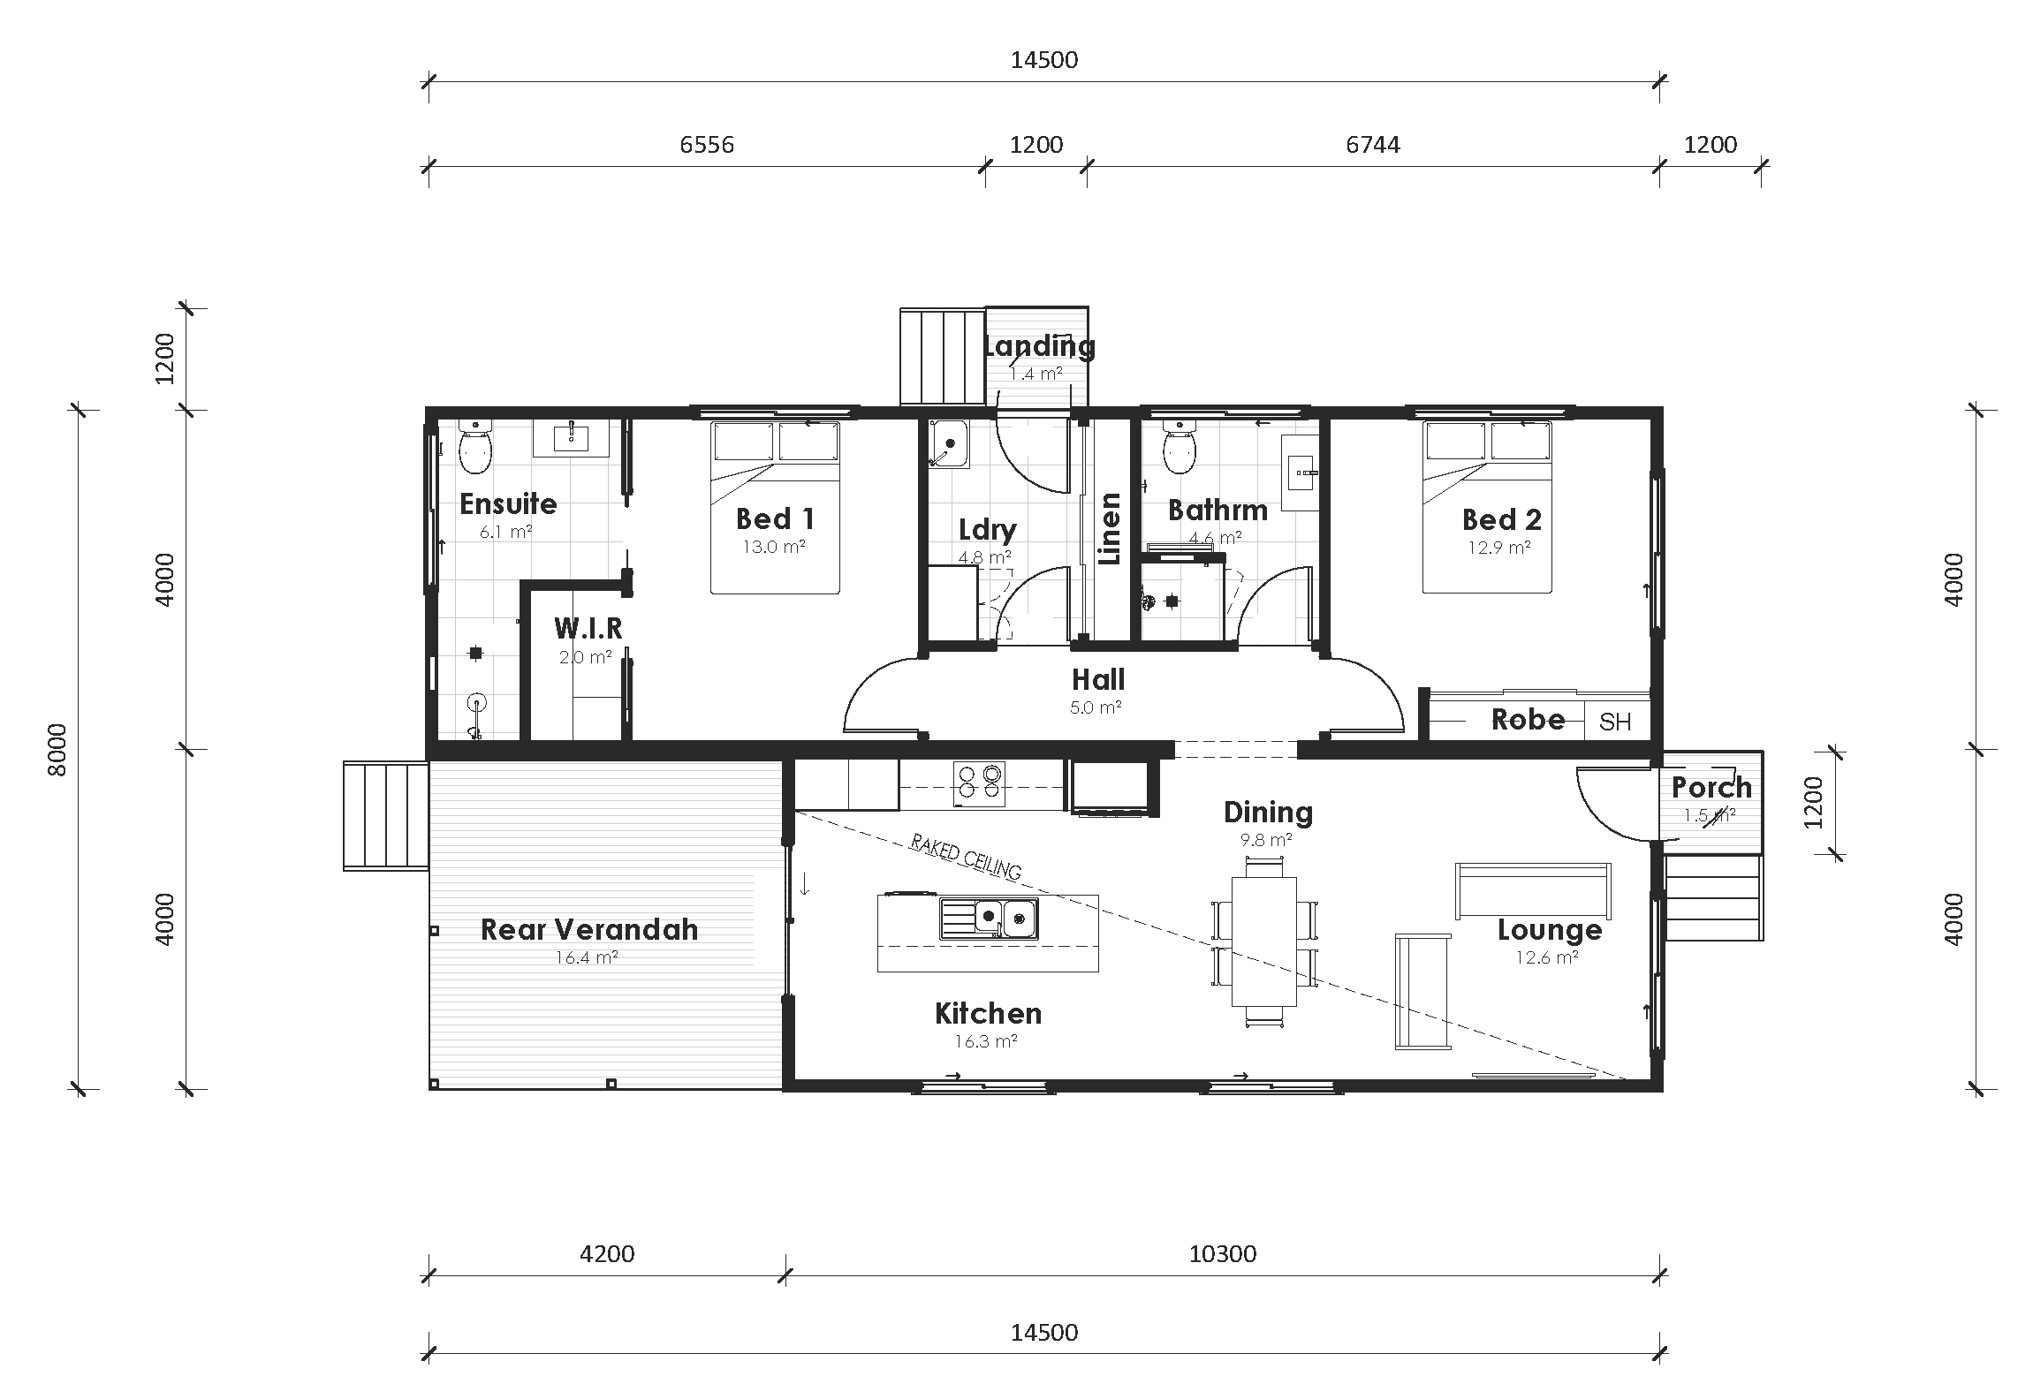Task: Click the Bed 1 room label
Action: coord(774,518)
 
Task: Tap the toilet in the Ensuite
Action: coord(474,448)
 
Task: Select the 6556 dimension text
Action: coord(706,145)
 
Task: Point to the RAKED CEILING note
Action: coord(966,856)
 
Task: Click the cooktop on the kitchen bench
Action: coord(979,783)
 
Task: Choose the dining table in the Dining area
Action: coord(1264,941)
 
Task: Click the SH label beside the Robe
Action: coord(1614,722)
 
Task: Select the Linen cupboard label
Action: coord(1109,529)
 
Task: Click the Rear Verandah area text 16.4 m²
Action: coord(587,957)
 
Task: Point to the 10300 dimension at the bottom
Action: coord(1222,1254)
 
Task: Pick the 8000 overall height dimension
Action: coord(57,749)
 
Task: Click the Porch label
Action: coord(1711,787)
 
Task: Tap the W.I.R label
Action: coord(588,629)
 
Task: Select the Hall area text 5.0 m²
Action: coord(1096,707)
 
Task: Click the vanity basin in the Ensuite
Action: coord(572,435)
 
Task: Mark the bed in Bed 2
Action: coord(1487,508)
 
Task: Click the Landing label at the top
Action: coord(1039,346)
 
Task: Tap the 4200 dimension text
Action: coord(607,1254)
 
